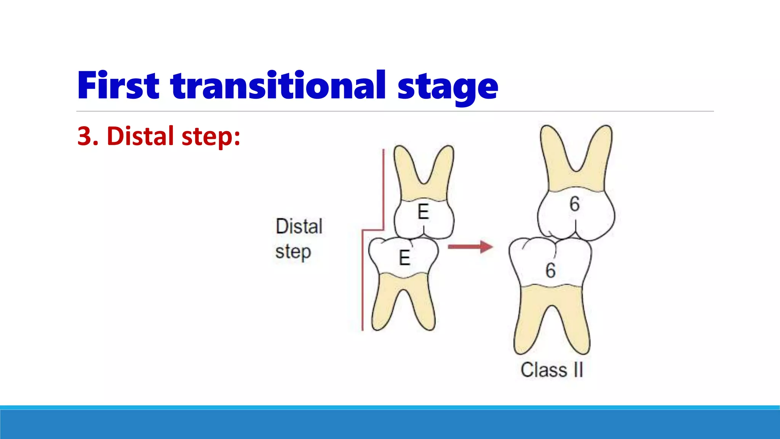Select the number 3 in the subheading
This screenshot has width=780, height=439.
(84, 136)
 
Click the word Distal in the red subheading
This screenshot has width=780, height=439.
(140, 136)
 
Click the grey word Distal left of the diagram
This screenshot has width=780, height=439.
(299, 226)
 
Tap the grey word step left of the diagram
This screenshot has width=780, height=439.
(293, 252)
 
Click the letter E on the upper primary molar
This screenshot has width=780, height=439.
(423, 211)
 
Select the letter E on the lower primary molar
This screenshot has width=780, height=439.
(404, 258)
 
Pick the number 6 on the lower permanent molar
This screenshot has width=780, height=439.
(550, 271)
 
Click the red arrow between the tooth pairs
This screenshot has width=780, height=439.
(470, 247)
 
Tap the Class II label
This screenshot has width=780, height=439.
(552, 370)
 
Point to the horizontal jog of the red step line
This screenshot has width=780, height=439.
(373, 230)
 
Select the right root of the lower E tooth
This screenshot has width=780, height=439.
(425, 305)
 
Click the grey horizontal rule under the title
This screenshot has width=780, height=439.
(395, 111)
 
